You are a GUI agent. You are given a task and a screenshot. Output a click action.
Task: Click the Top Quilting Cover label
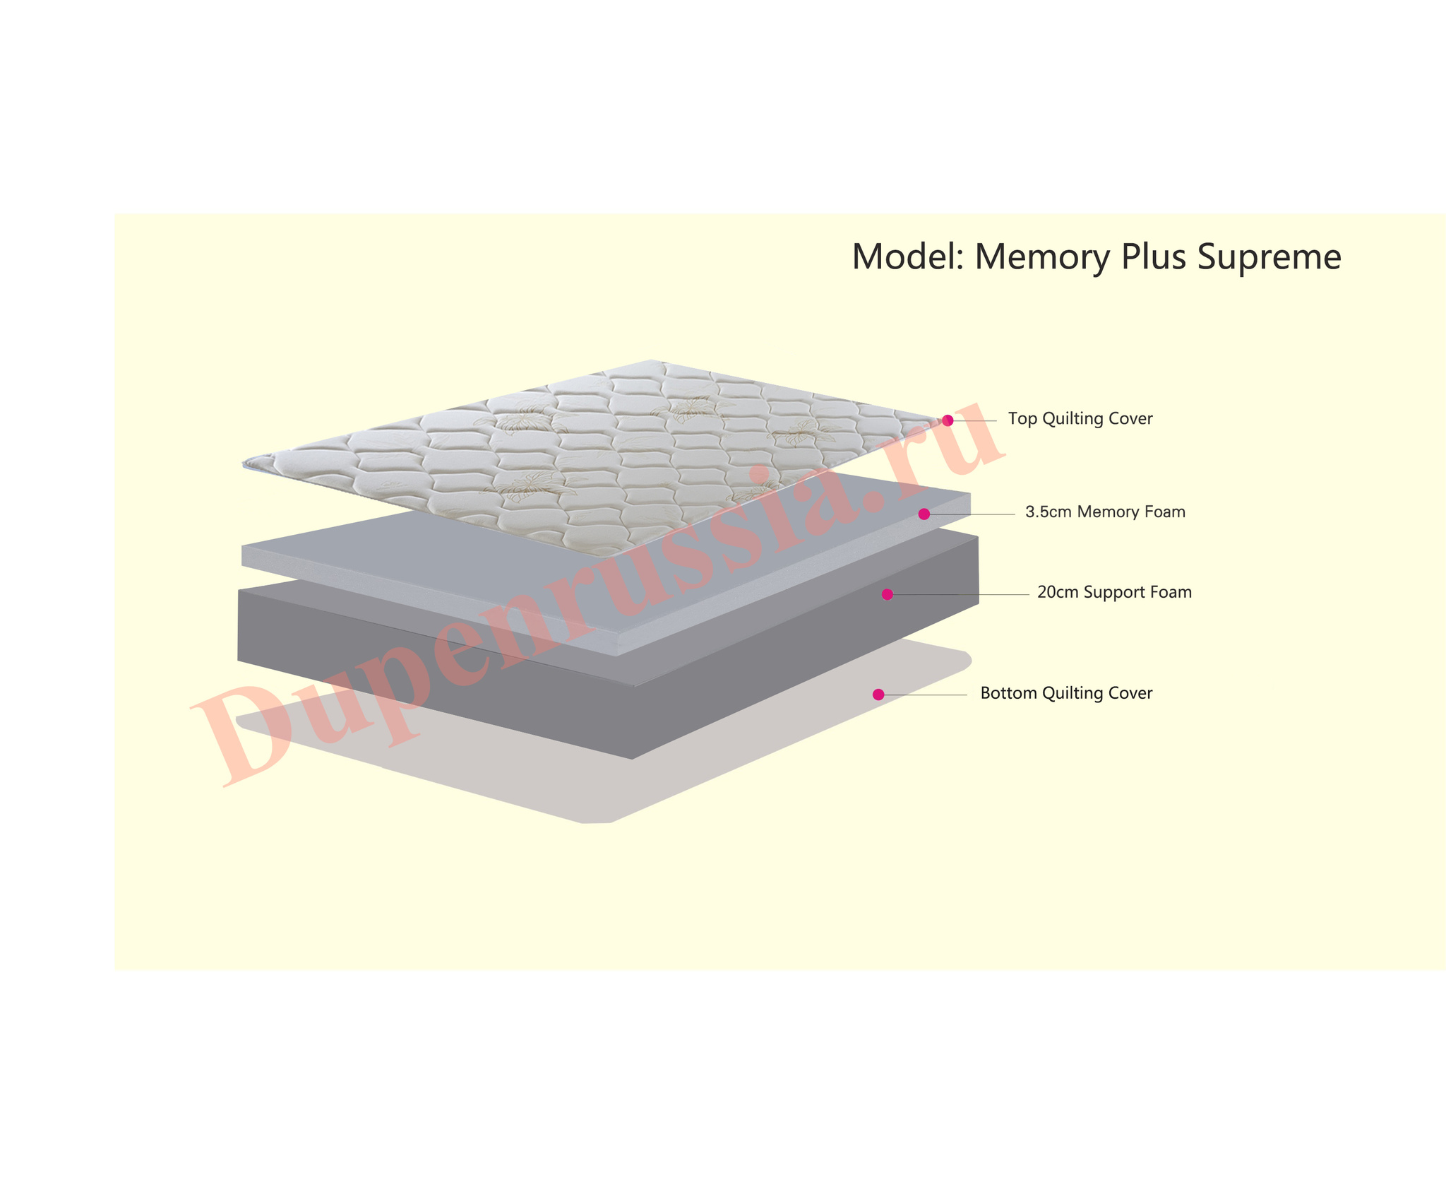point(1080,419)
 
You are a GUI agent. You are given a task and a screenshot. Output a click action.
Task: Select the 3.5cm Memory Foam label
point(1105,512)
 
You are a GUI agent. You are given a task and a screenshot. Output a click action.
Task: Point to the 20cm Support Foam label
point(1114,592)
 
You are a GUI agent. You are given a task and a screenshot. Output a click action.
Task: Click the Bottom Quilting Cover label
point(1066,693)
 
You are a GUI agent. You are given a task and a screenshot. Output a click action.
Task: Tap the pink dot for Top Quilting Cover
point(948,420)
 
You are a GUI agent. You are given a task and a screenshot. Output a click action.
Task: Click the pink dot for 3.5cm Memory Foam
point(924,514)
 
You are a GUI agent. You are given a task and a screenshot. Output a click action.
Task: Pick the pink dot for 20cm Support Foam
point(888,594)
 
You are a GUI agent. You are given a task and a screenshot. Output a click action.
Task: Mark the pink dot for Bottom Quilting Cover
point(878,695)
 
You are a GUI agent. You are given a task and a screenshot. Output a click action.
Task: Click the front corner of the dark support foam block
point(633,759)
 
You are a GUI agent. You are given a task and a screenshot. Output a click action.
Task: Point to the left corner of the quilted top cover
point(243,464)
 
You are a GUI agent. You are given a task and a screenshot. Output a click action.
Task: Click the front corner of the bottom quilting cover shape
point(597,823)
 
